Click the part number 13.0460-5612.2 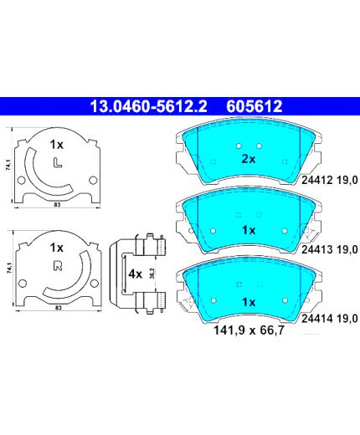point(148,106)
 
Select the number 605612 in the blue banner point(255,106)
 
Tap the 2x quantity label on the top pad point(248,159)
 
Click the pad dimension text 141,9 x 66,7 point(249,330)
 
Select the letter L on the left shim point(58,162)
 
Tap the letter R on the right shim point(58,266)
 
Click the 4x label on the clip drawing point(135,274)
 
